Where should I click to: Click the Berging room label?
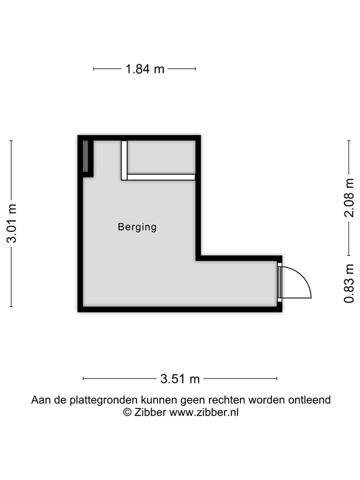[x=137, y=227]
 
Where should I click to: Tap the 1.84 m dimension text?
[x=144, y=69]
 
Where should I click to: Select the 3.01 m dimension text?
[x=11, y=223]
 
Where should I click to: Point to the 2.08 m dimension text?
[x=349, y=197]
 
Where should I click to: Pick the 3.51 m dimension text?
[x=180, y=379]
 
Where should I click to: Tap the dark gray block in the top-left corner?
[x=85, y=156]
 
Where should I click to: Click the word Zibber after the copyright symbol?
[x=150, y=412]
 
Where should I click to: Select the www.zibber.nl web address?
[x=204, y=412]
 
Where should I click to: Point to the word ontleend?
[x=309, y=400]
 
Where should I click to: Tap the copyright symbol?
[x=127, y=412]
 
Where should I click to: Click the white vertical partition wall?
[x=124, y=159]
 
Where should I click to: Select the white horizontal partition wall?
[x=160, y=177]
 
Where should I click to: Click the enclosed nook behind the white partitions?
[x=161, y=157]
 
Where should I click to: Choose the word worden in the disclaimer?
[x=270, y=400]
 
